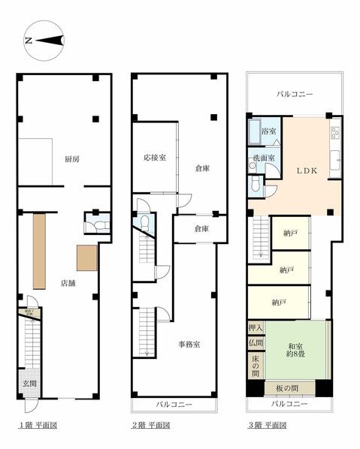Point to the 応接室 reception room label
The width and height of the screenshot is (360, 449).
coord(155,158)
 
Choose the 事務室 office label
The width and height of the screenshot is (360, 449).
coord(188,345)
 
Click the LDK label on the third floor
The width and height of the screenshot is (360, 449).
coord(307,170)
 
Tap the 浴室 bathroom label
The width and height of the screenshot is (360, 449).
coord(268,131)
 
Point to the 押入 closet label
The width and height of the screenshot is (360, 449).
coord(256,328)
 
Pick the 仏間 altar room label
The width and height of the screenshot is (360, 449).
coord(256,343)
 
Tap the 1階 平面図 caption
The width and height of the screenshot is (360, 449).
coord(38,426)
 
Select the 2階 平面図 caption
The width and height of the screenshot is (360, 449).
coord(153,426)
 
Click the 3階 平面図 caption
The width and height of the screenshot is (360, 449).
coord(268,426)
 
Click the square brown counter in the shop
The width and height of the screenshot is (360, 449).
coord(86,258)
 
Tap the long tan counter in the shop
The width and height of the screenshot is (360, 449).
coord(40,249)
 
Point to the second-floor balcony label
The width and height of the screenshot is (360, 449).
coord(174,405)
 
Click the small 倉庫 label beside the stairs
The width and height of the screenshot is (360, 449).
coord(201,228)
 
